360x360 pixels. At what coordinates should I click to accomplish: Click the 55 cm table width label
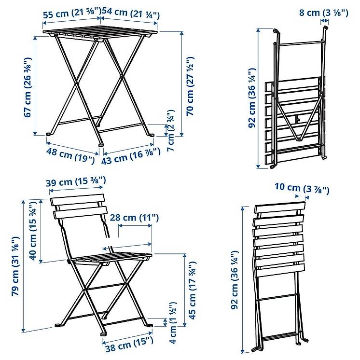(72, 13)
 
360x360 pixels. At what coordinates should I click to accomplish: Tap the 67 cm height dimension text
(28, 87)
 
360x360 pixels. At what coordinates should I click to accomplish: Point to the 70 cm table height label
(190, 85)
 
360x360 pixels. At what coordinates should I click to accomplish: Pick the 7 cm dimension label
(171, 130)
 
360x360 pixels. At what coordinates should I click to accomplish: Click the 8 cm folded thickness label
(323, 12)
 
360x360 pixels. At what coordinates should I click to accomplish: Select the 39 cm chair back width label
(76, 181)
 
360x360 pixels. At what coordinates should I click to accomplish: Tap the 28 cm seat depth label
(134, 217)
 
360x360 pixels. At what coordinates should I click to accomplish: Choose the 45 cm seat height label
(192, 290)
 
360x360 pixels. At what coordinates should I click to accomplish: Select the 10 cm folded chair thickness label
(302, 189)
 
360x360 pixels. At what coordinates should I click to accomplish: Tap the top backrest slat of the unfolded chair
(77, 200)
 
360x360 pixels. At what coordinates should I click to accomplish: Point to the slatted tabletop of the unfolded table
(100, 33)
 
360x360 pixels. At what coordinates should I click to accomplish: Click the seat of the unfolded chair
(111, 258)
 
